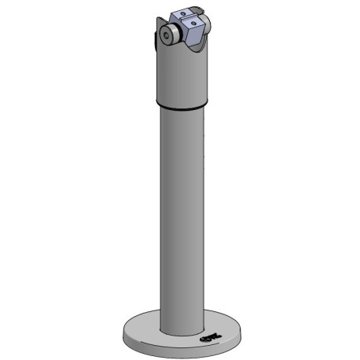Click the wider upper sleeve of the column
pyautogui.click(x=182, y=75)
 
